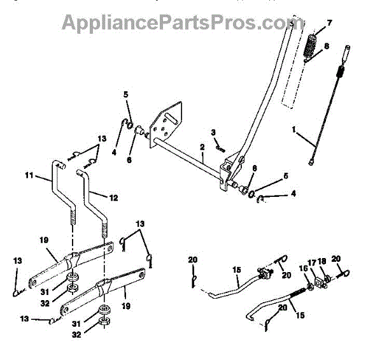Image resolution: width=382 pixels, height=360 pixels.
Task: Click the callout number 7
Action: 330,24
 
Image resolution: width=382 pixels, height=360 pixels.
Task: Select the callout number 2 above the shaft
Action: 201,147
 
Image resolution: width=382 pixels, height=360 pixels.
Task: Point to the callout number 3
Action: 214,133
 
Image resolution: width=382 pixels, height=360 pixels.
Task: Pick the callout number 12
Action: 113,198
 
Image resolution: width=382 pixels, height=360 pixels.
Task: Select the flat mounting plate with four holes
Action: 161,128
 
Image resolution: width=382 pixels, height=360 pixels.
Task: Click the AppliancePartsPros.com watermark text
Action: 174,23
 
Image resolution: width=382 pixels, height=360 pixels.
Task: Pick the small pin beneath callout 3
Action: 220,146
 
